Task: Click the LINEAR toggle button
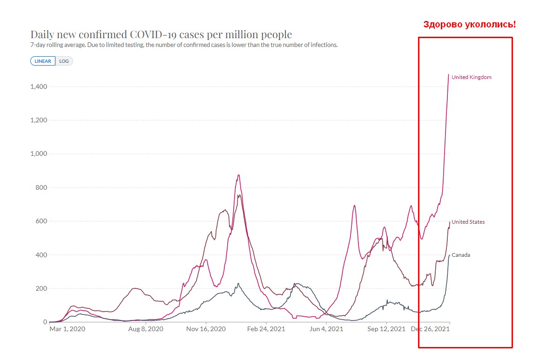point(43,61)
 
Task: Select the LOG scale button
point(64,61)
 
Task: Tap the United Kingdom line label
point(471,77)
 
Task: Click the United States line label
point(468,222)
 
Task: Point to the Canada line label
point(460,255)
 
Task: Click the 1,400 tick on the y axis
point(39,87)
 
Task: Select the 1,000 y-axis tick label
point(39,153)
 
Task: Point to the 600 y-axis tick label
point(41,221)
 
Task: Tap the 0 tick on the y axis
point(45,321)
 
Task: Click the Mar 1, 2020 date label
point(67,329)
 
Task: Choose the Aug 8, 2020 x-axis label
point(146,329)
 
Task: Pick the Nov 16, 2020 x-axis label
point(206,329)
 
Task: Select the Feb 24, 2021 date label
point(266,329)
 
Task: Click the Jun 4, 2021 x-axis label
point(326,329)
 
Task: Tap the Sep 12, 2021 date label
point(386,329)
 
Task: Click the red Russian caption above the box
point(469,25)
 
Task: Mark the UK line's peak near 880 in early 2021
point(239,175)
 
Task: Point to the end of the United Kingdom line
point(448,74)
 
